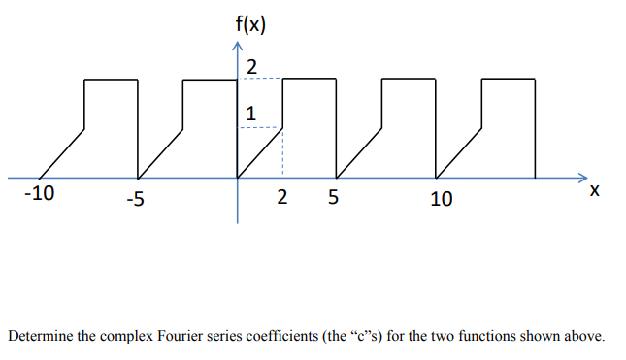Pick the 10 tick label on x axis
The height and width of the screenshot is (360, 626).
tap(441, 200)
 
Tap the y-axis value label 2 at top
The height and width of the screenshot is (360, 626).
tap(251, 67)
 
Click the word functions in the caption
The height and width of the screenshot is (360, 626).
tap(491, 337)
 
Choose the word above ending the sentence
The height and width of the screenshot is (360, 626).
tap(580, 337)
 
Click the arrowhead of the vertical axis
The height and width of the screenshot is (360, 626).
tap(237, 49)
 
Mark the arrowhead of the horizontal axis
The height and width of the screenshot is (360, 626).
tap(579, 178)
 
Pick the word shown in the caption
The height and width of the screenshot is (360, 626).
tap(540, 337)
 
